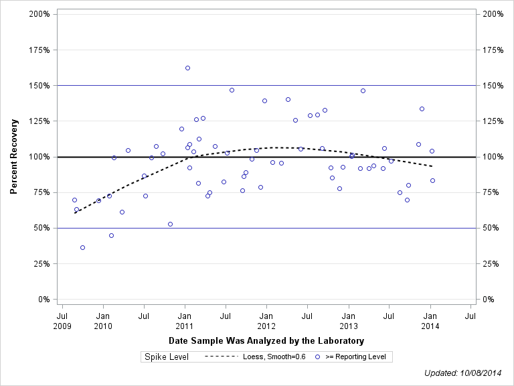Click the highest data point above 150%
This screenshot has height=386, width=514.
[187, 68]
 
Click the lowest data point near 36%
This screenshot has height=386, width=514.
[82, 247]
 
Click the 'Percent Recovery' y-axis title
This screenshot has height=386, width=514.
[13, 156]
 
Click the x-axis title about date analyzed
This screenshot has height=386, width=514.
[266, 340]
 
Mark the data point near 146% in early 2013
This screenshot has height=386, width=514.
[363, 90]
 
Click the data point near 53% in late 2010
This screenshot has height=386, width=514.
[170, 224]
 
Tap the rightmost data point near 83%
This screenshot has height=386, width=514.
[432, 180]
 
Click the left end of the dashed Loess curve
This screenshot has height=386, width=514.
[74, 212]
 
